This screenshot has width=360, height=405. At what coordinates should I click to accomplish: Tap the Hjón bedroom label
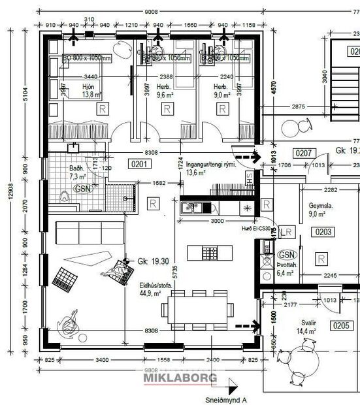tap(89, 91)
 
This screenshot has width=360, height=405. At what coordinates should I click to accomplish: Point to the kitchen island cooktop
tap(208, 251)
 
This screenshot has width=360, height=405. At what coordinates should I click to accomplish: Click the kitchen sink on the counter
tap(190, 208)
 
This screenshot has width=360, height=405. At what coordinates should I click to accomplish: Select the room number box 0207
tap(304, 154)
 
